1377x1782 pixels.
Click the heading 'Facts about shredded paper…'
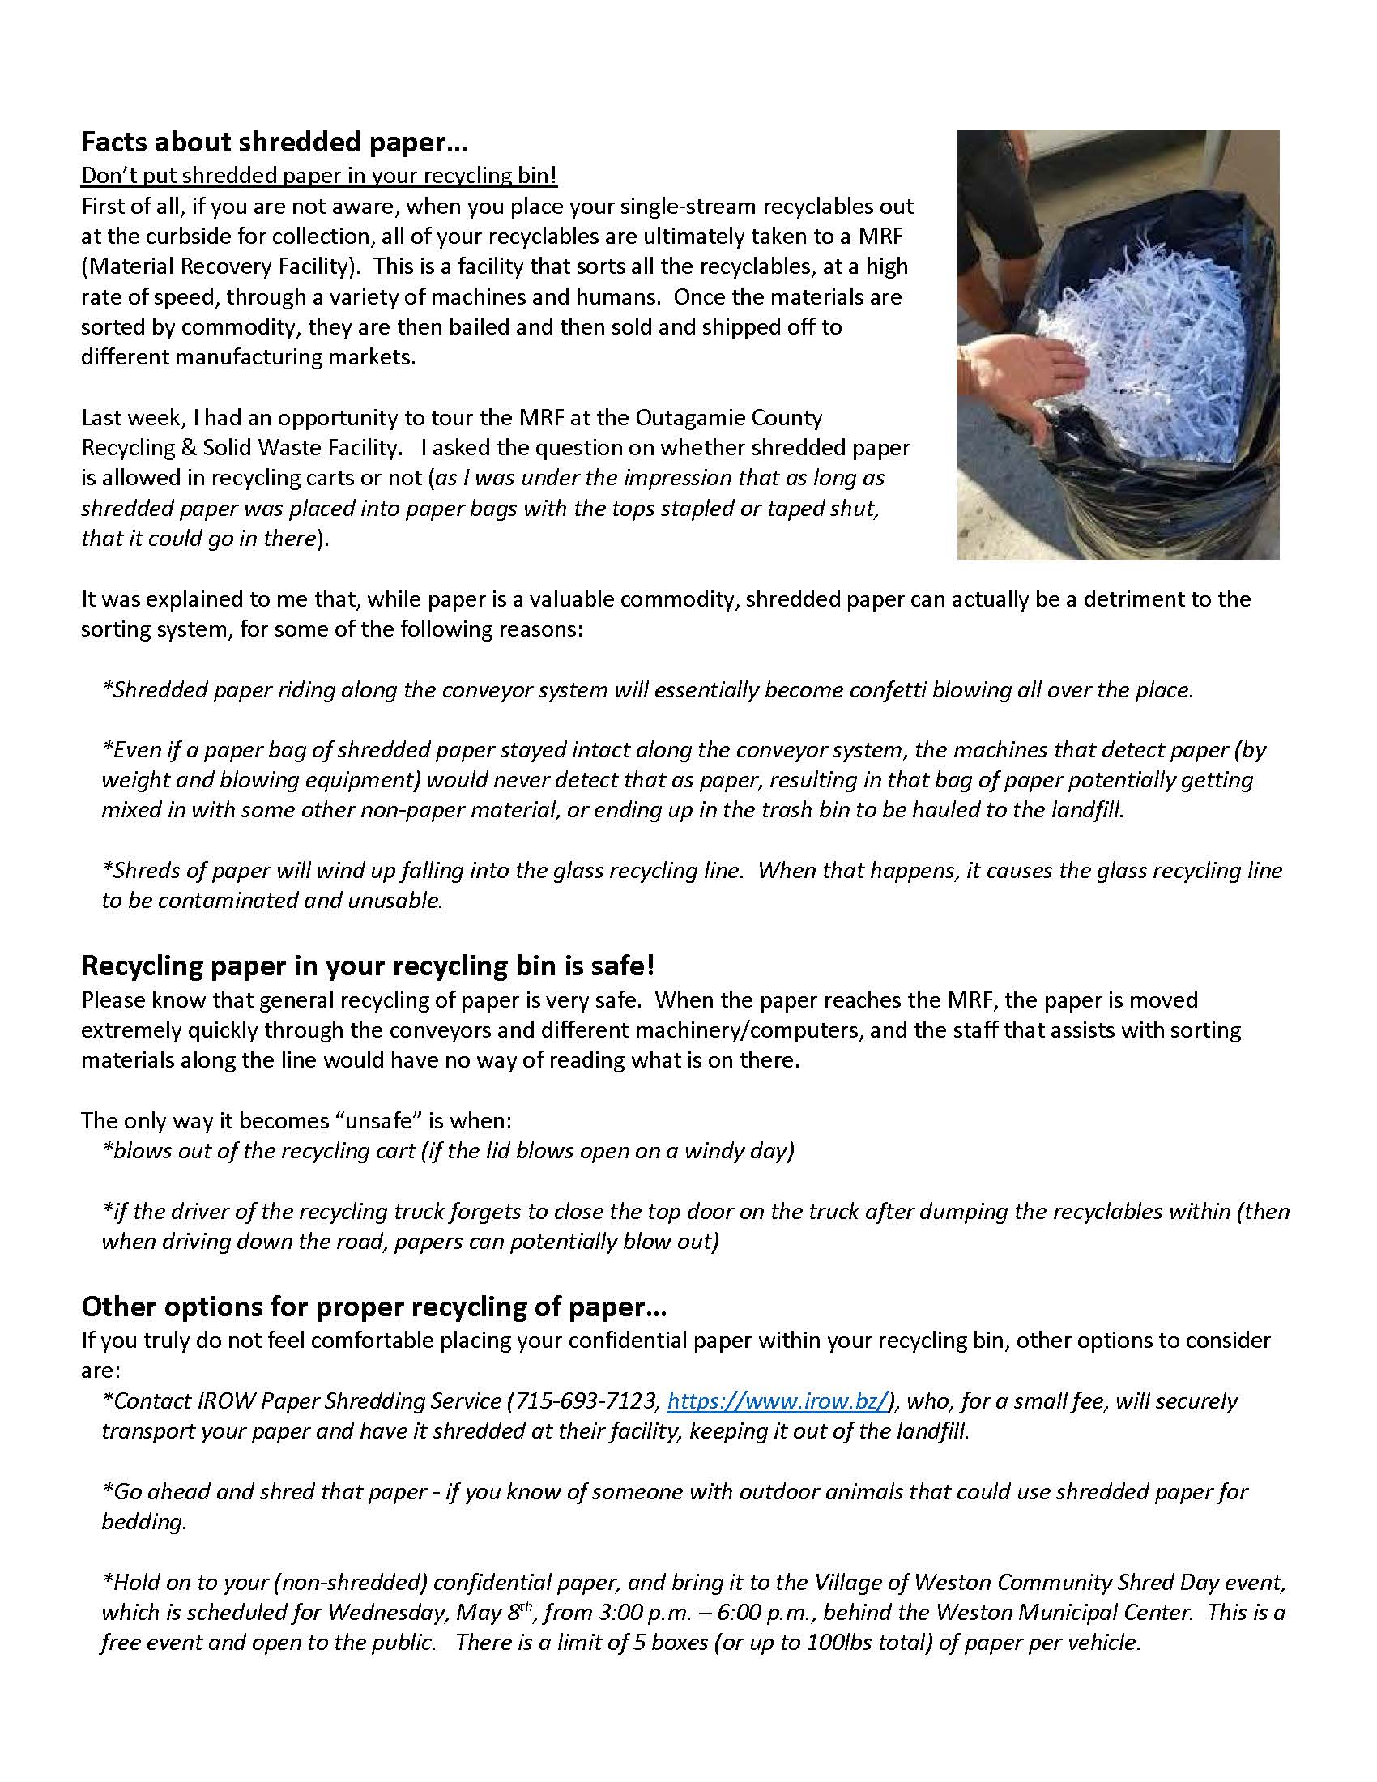pos(274,143)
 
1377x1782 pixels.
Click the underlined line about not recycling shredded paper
pos(319,176)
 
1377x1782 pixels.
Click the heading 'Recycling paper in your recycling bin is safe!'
pos(368,966)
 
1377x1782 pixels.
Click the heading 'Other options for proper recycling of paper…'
pos(373,1307)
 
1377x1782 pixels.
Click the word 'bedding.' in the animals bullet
pos(144,1522)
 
